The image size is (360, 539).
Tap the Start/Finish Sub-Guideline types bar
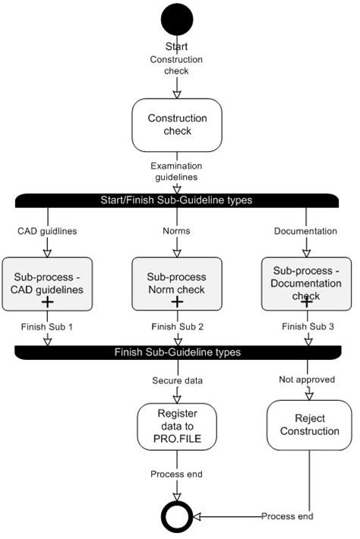tap(176, 200)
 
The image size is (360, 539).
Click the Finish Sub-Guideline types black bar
tap(176, 352)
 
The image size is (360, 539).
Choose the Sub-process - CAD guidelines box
tap(47, 283)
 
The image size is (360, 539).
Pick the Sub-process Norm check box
tap(176, 283)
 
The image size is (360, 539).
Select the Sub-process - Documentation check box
tap(307, 283)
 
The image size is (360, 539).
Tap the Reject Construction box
tap(307, 425)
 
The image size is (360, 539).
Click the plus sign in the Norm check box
tap(176, 301)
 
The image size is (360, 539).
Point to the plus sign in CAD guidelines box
tap(47, 301)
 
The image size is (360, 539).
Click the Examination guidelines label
tap(176, 171)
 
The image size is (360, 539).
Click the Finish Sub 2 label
tap(176, 327)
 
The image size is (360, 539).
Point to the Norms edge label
tap(176, 229)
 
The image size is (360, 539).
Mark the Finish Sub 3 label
tap(307, 327)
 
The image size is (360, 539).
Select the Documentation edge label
tap(306, 229)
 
